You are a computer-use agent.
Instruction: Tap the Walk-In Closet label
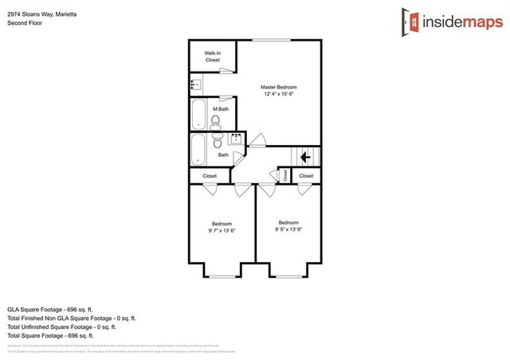point(213,56)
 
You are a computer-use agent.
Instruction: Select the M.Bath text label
point(221,109)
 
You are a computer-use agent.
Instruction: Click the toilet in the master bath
point(214,122)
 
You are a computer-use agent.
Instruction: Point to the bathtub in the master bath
point(199,114)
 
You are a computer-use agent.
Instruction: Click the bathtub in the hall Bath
point(199,148)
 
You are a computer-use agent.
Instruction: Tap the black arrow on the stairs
point(304,158)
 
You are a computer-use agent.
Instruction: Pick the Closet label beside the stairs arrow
point(306,176)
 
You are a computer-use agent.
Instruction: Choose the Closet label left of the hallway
point(210,176)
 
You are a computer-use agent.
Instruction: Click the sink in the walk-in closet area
point(195,83)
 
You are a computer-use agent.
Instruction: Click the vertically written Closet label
point(285,176)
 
